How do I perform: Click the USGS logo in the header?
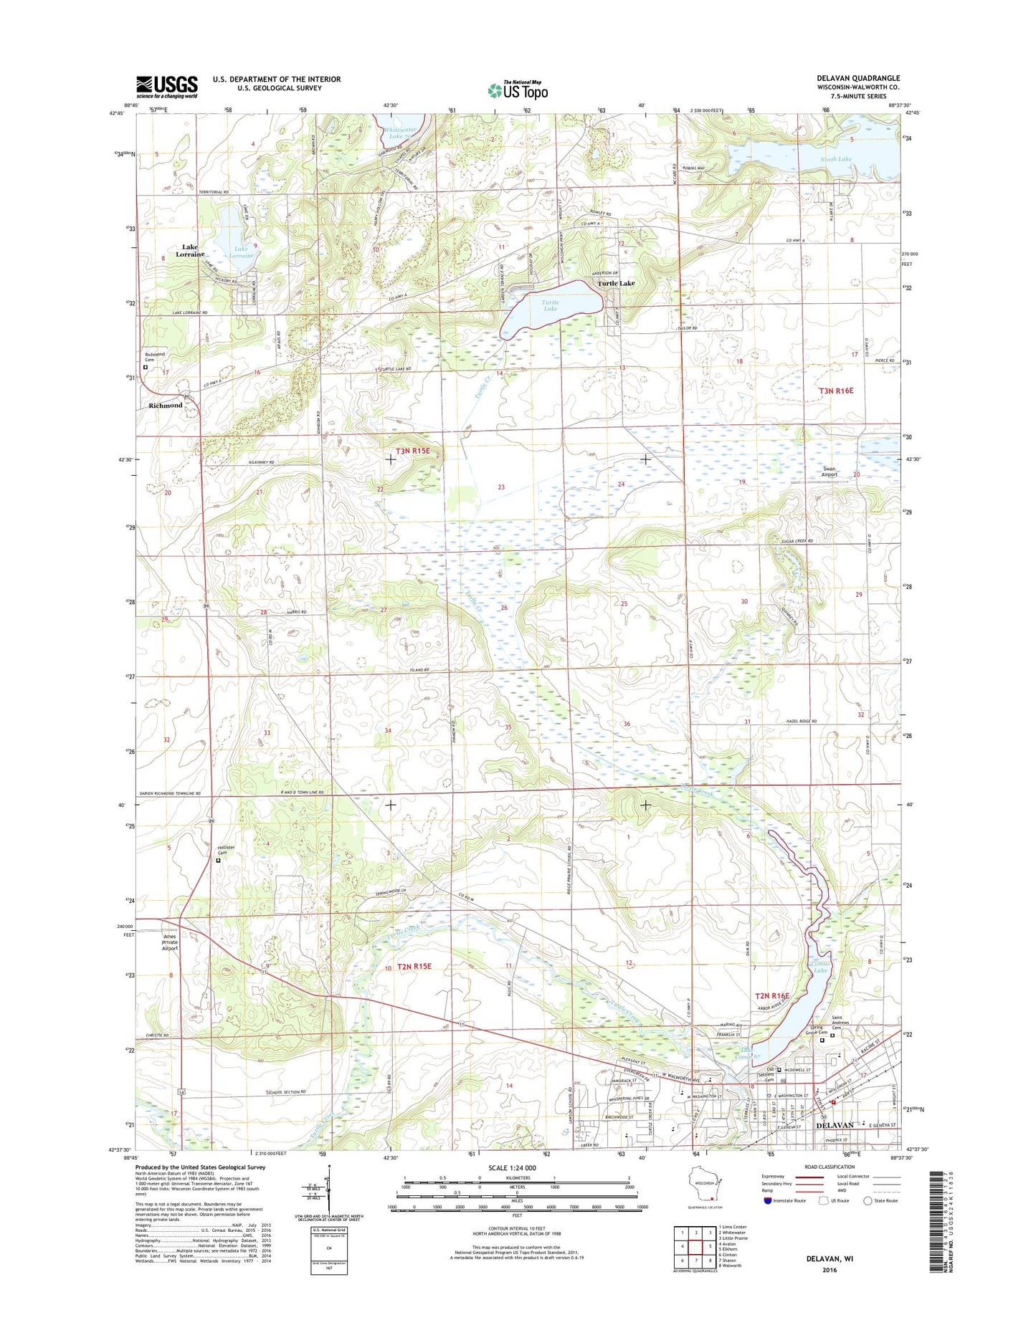pyautogui.click(x=166, y=87)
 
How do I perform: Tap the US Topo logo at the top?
pyautogui.click(x=518, y=90)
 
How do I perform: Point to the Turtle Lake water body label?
pyautogui.click(x=550, y=305)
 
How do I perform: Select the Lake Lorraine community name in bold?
pyautogui.click(x=190, y=250)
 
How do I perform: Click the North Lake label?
pyautogui.click(x=836, y=159)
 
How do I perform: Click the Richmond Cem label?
pyautogui.click(x=155, y=357)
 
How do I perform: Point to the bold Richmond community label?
pyautogui.click(x=166, y=406)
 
